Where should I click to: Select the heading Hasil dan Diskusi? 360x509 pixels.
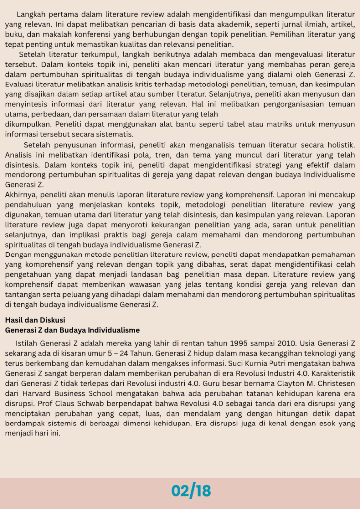35,320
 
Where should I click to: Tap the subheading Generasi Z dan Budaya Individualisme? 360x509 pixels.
72,330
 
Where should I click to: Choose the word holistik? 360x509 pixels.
338,145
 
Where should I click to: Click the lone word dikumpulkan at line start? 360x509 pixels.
28,124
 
